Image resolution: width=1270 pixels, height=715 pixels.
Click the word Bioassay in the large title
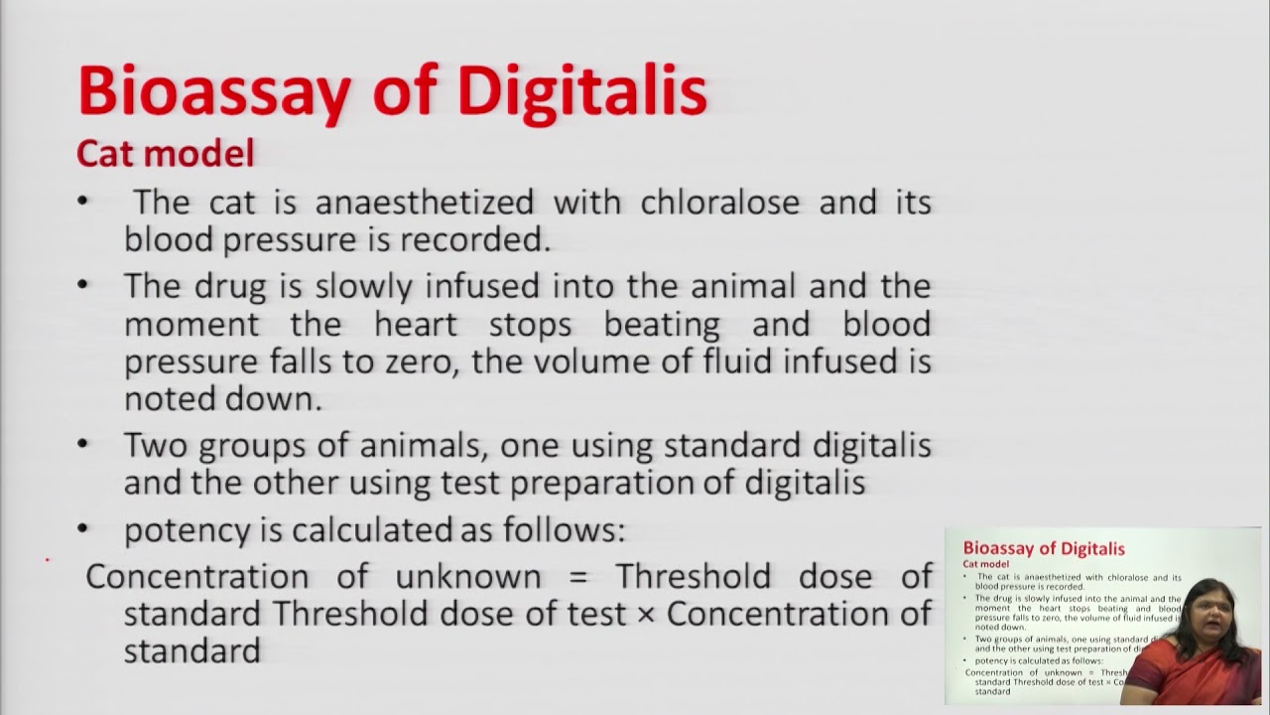213,91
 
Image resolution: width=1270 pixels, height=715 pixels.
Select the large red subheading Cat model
165,153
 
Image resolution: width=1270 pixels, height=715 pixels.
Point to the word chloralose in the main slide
719,203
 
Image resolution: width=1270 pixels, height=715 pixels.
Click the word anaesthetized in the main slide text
425,203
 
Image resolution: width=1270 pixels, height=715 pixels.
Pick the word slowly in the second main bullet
364,286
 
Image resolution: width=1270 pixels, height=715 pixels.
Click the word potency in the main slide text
187,531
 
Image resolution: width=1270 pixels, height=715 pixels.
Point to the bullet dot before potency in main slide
82,529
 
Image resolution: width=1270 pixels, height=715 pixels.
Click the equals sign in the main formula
578,577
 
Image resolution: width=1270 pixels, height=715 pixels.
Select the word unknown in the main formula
468,577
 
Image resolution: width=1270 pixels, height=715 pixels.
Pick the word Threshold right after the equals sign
693,577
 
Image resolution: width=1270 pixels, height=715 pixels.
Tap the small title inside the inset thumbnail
1044,548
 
